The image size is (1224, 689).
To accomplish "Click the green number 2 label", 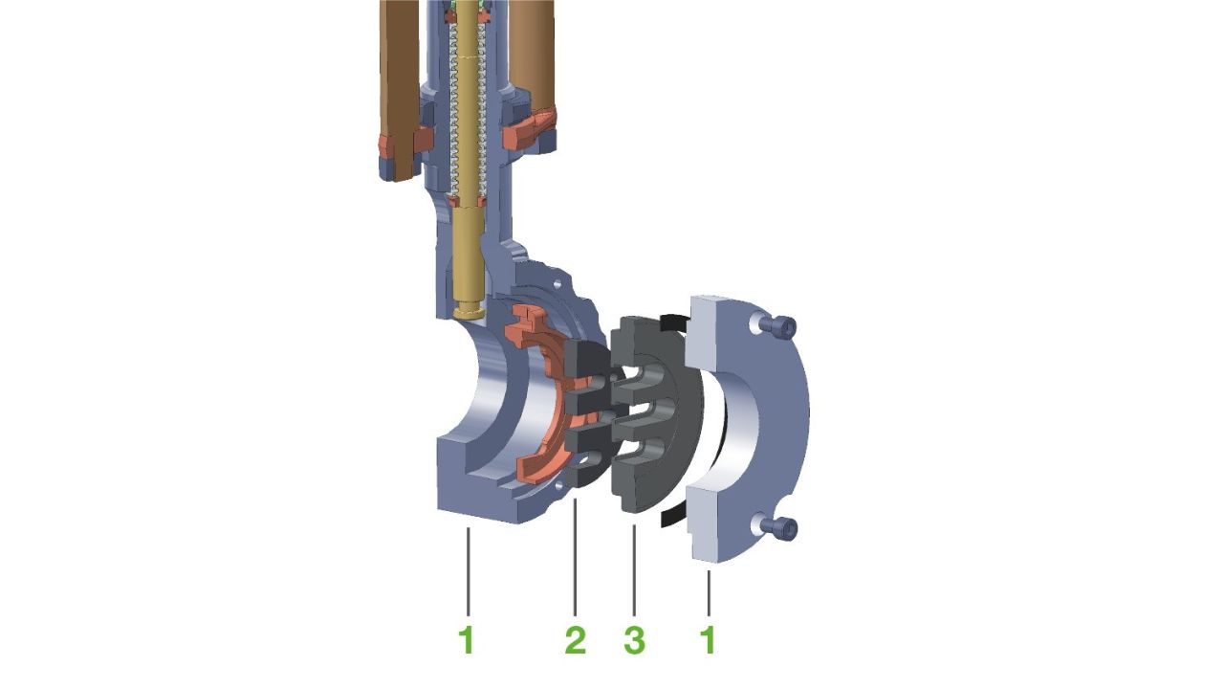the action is click(576, 640).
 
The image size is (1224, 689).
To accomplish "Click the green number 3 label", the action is click(634, 640).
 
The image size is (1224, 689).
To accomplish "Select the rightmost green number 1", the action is click(709, 640).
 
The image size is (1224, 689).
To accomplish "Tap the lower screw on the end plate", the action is click(782, 527).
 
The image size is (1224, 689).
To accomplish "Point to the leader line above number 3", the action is click(634, 569).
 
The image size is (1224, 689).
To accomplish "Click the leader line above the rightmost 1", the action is click(709, 592).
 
